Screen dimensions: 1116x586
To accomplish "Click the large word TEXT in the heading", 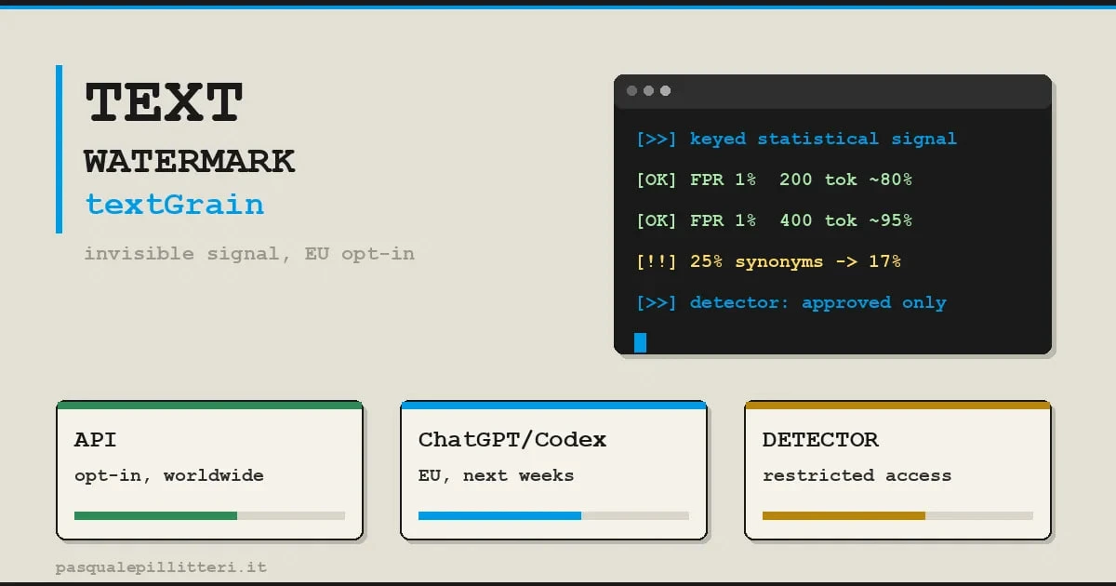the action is point(164,102).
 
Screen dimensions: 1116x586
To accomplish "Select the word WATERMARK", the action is point(190,162).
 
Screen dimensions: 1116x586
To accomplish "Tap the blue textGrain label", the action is point(175,205).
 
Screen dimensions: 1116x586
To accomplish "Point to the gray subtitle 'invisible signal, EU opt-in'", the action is point(249,254).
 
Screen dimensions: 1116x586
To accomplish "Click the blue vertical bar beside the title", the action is point(60,149).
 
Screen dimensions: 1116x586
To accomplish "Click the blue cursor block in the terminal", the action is point(640,343).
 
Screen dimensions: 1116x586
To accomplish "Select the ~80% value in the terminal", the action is point(891,180).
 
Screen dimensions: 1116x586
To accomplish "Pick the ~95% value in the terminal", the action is point(891,220).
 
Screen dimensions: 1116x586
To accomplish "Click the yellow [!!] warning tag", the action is point(657,261).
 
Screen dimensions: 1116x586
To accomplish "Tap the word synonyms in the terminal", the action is point(779,262).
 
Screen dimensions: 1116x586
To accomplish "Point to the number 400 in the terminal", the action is point(796,220).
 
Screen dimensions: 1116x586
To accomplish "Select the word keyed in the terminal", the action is point(718,139).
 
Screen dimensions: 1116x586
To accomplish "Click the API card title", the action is point(95,439).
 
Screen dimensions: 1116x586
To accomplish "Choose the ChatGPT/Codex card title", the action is point(512,439).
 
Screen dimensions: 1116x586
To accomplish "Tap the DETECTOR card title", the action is point(820,439).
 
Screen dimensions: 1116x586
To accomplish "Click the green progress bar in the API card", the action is point(155,515).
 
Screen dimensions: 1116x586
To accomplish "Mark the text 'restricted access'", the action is point(857,475).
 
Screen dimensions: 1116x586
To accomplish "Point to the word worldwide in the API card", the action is point(214,475).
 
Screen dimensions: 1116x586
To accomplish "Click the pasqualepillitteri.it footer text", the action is point(161,567).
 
